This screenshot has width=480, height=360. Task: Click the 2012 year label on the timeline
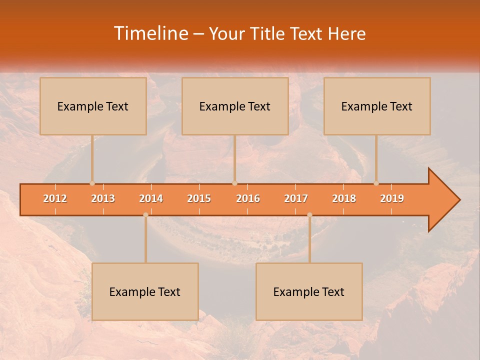click(x=55, y=198)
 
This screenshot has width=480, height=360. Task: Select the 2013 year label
click(x=103, y=198)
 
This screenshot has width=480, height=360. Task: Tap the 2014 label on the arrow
click(x=151, y=198)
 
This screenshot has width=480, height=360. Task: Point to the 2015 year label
click(x=199, y=198)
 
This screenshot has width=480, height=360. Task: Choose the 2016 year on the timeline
click(x=248, y=198)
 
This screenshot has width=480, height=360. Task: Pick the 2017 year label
click(x=296, y=198)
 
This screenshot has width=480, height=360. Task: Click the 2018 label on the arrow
click(x=344, y=198)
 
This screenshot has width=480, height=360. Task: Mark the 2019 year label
click(x=392, y=198)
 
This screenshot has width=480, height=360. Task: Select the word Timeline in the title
click(x=149, y=33)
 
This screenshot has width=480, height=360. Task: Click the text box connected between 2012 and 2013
click(x=93, y=106)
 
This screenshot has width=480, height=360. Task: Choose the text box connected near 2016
click(x=235, y=106)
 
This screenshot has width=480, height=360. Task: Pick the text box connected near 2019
click(x=377, y=106)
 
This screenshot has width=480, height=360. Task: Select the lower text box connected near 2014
click(x=145, y=291)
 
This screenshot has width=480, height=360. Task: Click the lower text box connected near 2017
click(x=309, y=291)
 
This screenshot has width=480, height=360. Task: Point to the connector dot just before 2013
click(x=92, y=183)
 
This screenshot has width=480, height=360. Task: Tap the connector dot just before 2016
click(x=234, y=183)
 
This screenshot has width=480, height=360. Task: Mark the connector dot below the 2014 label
click(x=145, y=215)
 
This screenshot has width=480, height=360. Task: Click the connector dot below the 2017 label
click(x=309, y=215)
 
